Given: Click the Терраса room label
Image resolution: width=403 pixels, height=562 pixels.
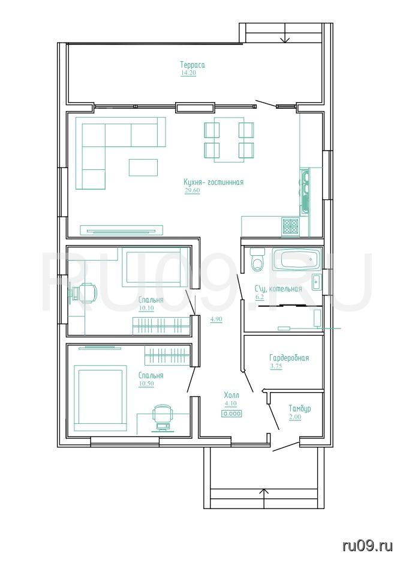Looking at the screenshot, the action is coord(193,65).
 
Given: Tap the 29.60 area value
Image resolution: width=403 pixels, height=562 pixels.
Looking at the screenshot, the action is coord(192,190).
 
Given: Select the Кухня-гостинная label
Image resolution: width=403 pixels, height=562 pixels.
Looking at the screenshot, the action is coord(213,182).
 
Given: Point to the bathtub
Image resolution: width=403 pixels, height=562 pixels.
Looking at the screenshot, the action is coord(296,259).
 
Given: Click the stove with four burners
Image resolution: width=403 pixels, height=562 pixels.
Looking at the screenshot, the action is coord(291,226).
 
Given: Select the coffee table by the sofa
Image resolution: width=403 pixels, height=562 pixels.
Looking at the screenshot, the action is coord(143,168).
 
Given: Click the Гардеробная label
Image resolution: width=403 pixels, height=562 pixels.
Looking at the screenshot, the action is coord(289,358).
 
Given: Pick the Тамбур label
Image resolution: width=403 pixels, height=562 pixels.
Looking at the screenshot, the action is coord(300,409).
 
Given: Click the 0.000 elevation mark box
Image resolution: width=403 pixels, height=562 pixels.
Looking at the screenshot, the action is coord(232,414).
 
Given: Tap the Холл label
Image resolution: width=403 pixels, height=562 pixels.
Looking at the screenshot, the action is coord(231,396).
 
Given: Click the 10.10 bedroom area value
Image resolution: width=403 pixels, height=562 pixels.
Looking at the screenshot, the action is coord(146,308).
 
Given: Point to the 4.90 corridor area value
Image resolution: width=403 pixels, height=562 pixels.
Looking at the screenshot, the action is coord(216,319).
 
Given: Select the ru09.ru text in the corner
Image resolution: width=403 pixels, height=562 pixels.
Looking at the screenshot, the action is coord(368,546).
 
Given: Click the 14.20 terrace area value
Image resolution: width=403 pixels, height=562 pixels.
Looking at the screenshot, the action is coord(188,73).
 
